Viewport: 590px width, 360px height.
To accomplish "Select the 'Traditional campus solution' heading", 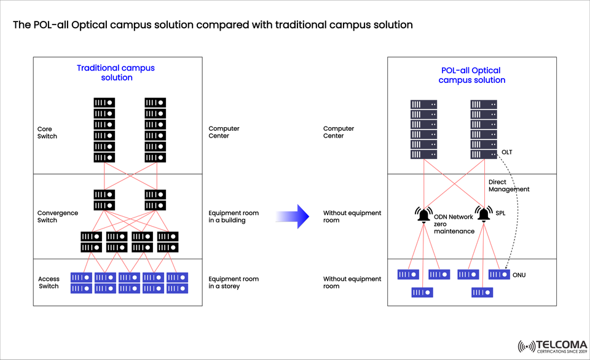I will pos(116,72).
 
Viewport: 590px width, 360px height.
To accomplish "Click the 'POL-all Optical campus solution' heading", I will pos(471,76).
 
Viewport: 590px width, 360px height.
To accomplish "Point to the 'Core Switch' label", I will pos(47,133).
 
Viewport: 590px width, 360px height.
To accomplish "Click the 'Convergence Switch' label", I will pos(57,216).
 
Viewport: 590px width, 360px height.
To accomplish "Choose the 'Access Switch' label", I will pos(49,282).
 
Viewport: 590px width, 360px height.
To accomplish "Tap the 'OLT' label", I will pos(506,152).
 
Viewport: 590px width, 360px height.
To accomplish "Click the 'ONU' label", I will pos(519,275).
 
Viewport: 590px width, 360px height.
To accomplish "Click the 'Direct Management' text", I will pos(508,186).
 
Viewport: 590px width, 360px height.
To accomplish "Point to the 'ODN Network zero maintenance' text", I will pos(454,224).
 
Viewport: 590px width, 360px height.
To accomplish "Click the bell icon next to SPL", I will pos(484,215).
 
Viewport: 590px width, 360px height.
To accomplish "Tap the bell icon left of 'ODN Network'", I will pos(424,215).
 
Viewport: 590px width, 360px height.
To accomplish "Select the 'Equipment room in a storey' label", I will pos(234,282).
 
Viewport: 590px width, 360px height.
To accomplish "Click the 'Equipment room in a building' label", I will pos(234,216).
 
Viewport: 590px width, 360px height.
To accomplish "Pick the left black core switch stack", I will pos(104,130).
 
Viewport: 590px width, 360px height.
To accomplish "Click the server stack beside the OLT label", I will pos(484,130).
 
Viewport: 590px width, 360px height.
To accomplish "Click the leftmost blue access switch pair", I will pos(81,283).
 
